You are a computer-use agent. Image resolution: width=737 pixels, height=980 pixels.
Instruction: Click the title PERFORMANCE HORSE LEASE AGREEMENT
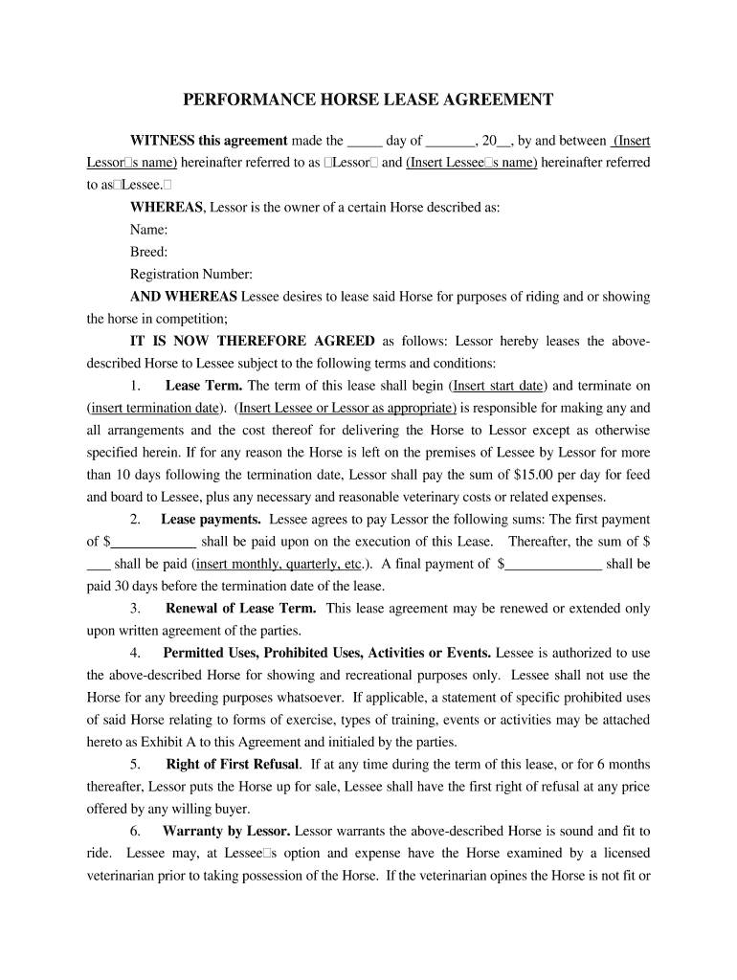tap(368, 100)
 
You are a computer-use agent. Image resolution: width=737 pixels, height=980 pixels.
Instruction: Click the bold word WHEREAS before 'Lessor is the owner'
tap(166, 207)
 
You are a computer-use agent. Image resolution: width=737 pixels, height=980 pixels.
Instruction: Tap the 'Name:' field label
tap(148, 230)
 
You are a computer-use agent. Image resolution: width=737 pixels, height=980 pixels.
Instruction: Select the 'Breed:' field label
tap(148, 252)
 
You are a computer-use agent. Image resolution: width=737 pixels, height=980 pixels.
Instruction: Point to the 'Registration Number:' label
tap(190, 274)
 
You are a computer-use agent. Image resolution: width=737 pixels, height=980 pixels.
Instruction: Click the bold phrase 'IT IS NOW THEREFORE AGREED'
tap(253, 341)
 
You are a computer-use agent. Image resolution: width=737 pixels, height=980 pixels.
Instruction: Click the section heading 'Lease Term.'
tap(204, 386)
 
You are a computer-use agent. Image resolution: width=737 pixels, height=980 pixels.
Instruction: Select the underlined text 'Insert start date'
tap(499, 386)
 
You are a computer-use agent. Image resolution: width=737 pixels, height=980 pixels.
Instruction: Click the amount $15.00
tap(531, 475)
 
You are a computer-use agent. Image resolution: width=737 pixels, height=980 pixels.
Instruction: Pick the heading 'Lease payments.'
tap(211, 520)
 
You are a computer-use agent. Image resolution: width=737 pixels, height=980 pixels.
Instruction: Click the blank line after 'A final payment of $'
tap(553, 564)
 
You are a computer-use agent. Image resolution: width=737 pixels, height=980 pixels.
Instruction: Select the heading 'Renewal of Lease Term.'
tap(243, 609)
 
